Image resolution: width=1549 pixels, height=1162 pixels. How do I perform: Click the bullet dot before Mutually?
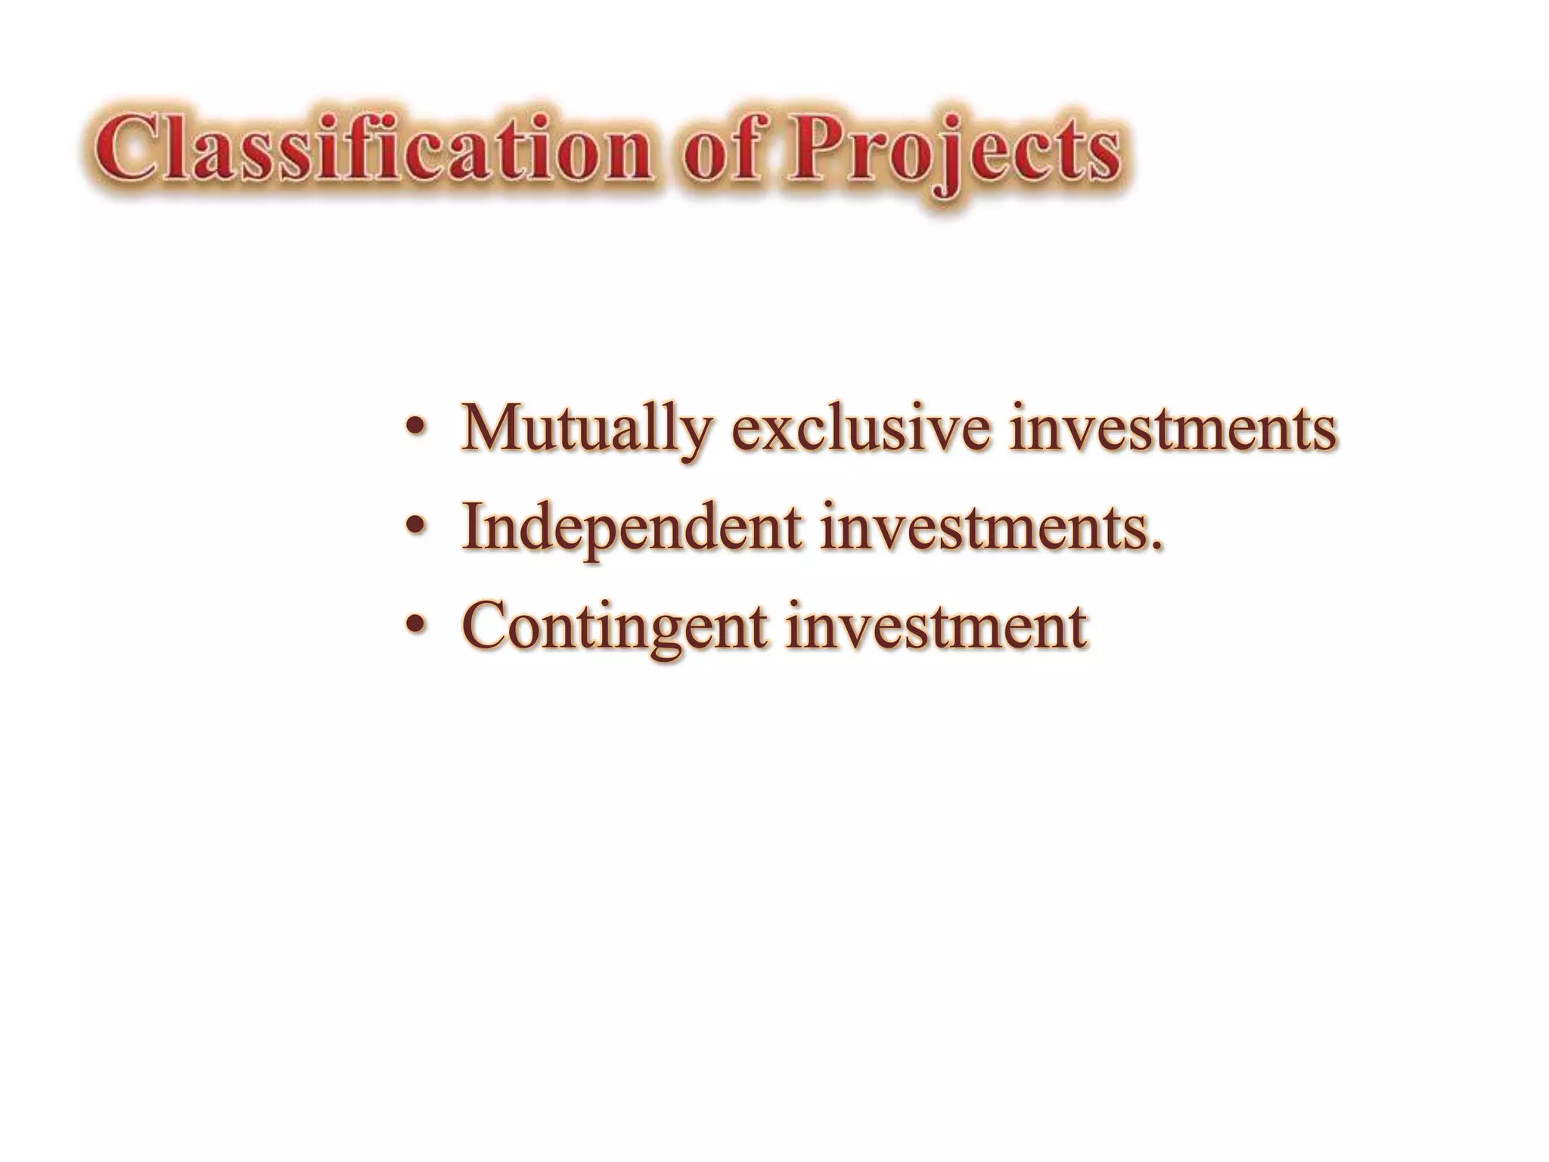(x=414, y=430)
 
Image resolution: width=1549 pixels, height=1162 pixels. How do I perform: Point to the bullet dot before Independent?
(x=414, y=527)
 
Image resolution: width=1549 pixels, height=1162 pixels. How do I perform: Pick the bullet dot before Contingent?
(x=414, y=625)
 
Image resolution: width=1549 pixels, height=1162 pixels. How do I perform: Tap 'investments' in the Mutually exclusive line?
(x=1172, y=428)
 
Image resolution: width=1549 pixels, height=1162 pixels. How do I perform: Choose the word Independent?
(x=632, y=527)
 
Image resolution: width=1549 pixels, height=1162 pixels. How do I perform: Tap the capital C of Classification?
(x=126, y=148)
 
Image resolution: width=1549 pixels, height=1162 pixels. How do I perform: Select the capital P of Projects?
(x=813, y=148)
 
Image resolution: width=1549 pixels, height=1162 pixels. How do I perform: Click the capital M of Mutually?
(x=492, y=428)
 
